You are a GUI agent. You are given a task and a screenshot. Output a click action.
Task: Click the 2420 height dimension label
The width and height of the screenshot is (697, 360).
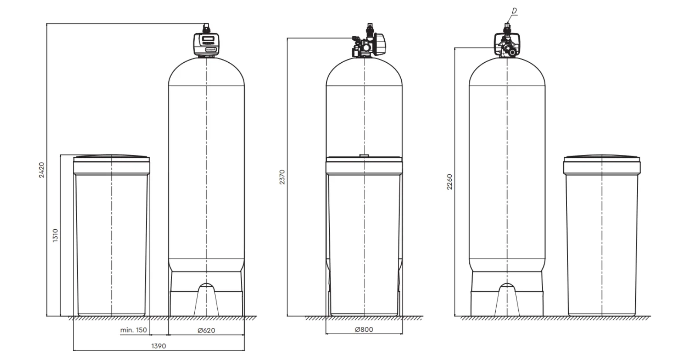coord(42,170)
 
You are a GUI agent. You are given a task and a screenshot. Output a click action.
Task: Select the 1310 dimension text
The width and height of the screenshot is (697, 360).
coord(55,235)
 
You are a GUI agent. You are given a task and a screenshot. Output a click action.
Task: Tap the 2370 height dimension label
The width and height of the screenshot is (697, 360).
coord(282,177)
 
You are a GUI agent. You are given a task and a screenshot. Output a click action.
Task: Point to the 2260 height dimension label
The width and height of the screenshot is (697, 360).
coord(450,181)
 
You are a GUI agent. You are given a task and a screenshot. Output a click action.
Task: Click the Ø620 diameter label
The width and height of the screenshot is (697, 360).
coord(206,330)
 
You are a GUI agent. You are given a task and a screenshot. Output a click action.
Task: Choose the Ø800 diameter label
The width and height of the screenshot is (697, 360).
coord(364,329)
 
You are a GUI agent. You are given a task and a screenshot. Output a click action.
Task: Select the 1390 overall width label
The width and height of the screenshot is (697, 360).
coord(159,346)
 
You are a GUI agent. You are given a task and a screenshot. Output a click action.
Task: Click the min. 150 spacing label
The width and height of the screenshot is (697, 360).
coord(134,330)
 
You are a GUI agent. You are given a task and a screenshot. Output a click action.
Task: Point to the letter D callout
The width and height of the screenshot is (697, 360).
coord(514,11)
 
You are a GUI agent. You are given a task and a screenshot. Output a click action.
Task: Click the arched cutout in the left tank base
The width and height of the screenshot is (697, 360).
coord(206,289)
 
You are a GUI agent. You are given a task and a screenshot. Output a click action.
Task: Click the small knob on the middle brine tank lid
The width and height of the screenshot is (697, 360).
coord(364,155)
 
